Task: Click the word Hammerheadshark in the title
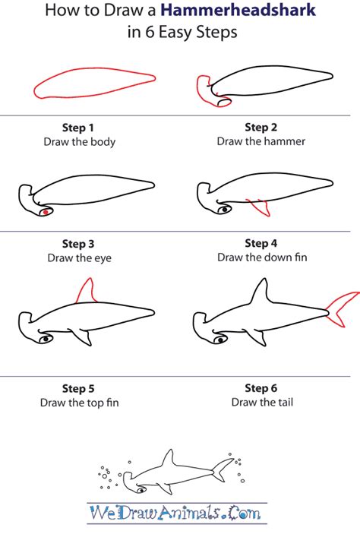238,10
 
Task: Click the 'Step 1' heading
77,128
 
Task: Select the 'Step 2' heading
261,128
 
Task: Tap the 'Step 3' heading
78,244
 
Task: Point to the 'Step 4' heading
261,244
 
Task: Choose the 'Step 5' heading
78,389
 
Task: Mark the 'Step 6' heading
261,388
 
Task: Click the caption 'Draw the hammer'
261,141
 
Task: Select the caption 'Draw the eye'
79,258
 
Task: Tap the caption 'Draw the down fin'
262,258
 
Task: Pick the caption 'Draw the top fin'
79,403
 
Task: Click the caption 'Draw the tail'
262,402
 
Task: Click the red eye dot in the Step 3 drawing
46,212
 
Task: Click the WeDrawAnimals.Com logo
176,513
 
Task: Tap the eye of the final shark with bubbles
141,490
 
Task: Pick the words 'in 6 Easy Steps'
182,33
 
